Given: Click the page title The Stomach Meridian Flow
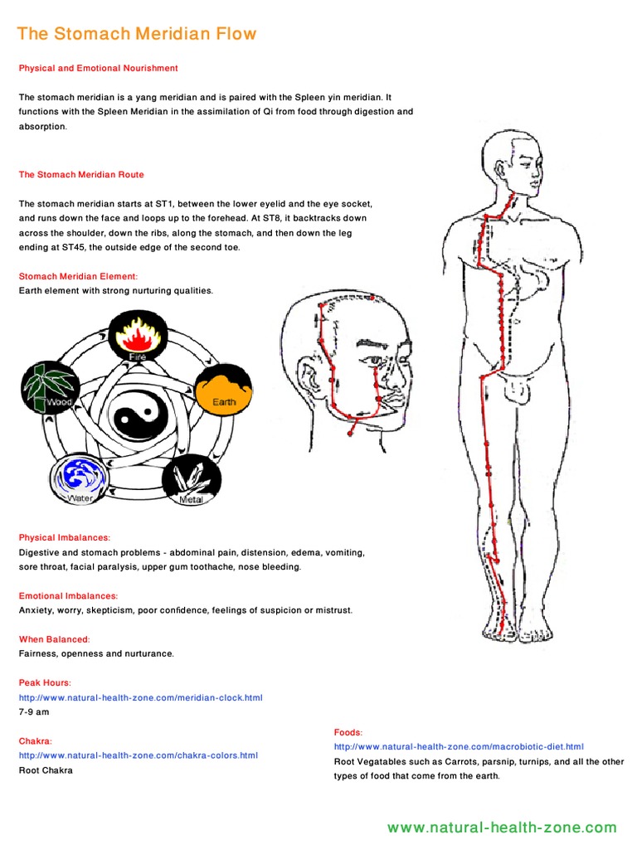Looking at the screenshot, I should [138, 34].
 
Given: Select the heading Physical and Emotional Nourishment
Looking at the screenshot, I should [99, 68].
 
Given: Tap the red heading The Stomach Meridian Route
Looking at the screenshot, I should [81, 175].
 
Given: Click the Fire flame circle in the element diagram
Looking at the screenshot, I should [134, 337].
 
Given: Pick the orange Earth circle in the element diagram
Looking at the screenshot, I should [222, 390].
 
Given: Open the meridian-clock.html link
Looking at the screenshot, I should [141, 698].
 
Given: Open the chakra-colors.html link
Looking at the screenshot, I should [139, 755].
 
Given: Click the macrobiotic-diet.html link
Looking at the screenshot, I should [459, 747].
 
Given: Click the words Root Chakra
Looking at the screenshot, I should [46, 770].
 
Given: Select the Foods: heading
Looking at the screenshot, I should [348, 733].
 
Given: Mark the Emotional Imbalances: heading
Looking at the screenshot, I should [68, 596].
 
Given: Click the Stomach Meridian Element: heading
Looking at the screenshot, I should [78, 276].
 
